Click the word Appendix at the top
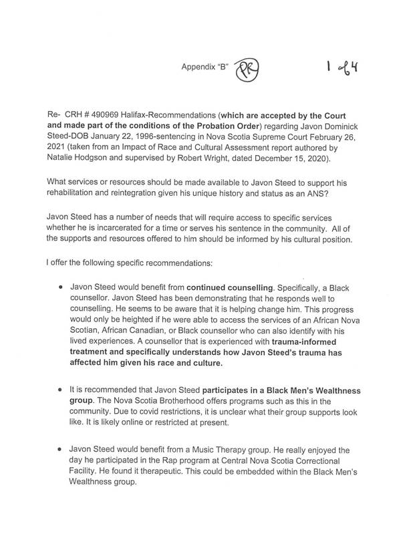[x=198, y=67]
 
